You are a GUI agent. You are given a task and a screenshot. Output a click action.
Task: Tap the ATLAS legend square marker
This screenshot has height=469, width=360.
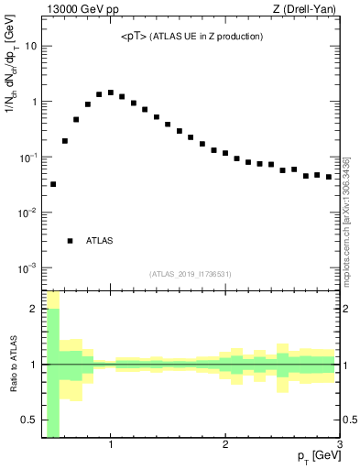click(x=70, y=241)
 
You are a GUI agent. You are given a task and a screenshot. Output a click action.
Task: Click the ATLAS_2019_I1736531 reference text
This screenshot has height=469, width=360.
click(x=191, y=274)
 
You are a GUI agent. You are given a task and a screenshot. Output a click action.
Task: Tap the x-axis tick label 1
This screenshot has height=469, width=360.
click(x=111, y=445)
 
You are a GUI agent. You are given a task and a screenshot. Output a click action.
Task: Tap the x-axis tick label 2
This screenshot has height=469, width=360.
click(x=225, y=445)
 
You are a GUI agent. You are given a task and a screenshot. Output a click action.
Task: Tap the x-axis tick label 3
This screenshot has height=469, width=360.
click(x=339, y=445)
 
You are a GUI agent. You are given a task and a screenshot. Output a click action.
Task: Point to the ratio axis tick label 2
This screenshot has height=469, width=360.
click(x=34, y=309)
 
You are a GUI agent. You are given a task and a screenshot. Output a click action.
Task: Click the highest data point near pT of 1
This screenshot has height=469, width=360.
click(x=111, y=93)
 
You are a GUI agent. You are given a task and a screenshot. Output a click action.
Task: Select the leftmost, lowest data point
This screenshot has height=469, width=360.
click(x=53, y=184)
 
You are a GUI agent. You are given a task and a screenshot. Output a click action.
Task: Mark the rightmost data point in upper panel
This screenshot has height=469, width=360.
click(x=329, y=177)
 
